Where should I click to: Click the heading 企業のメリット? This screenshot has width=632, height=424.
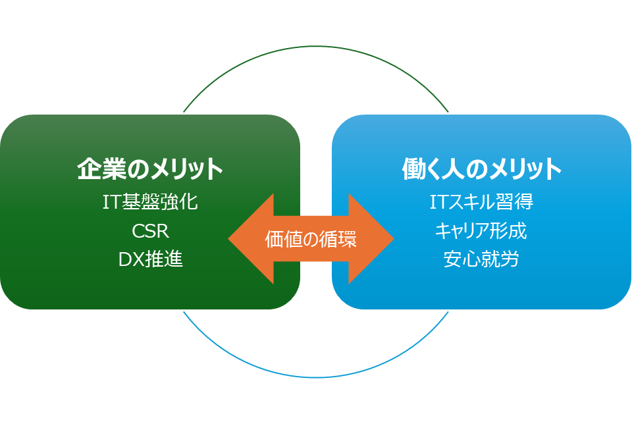[x=150, y=169]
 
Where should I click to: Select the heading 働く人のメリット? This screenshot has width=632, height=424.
[x=481, y=169]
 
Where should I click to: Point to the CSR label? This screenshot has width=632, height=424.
[x=150, y=231]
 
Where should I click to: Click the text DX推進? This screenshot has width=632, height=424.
[x=150, y=259]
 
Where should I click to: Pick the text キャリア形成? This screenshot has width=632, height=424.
[x=481, y=231]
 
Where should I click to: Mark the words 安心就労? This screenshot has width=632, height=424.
[x=481, y=259]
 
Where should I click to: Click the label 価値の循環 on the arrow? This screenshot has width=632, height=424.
[x=311, y=239]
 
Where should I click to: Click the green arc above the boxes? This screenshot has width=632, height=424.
[x=316, y=47]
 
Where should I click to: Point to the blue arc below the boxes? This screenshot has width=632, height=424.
[x=316, y=377]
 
